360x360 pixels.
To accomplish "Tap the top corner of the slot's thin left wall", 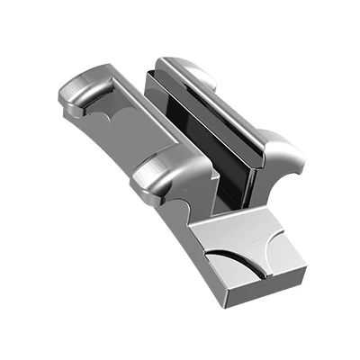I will tap(147, 72).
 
